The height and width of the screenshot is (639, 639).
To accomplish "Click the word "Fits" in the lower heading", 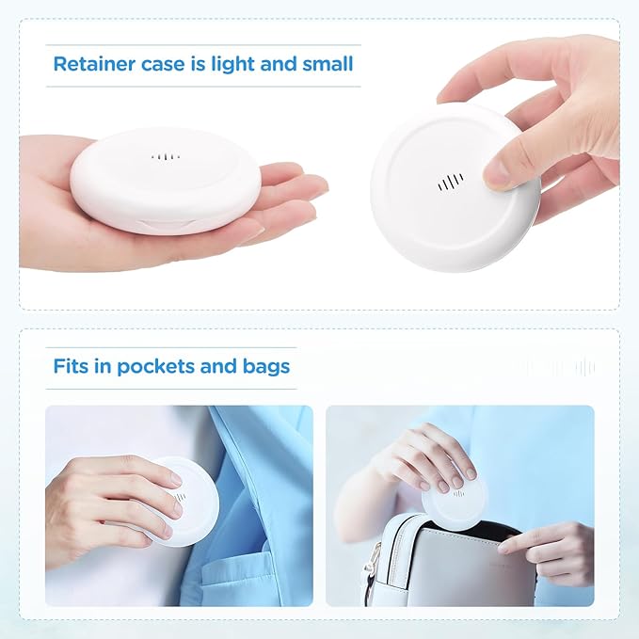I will [72, 366].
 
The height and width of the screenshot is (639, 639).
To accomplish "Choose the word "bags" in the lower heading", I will [267, 366].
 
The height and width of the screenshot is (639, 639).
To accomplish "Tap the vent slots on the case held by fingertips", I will [450, 183].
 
